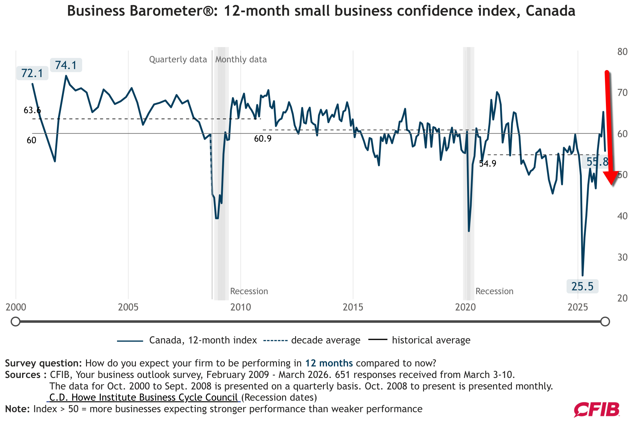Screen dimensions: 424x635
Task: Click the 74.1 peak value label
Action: click(x=66, y=65)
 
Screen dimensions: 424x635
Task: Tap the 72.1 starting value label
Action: click(x=32, y=73)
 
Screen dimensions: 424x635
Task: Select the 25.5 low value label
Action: click(x=582, y=286)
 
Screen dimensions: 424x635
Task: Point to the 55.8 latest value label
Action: click(x=597, y=162)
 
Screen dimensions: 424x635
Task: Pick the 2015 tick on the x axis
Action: click(x=353, y=307)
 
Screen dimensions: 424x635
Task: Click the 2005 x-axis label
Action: click(x=128, y=307)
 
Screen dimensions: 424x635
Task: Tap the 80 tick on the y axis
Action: click(x=622, y=52)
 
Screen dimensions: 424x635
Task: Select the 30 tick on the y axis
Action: click(x=622, y=257)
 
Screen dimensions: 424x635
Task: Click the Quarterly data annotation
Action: click(x=178, y=59)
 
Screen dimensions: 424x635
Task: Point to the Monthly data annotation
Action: click(x=241, y=59)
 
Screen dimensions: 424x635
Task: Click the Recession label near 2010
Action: click(x=249, y=291)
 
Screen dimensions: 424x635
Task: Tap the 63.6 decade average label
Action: click(x=32, y=110)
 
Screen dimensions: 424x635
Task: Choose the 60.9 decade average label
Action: click(x=263, y=139)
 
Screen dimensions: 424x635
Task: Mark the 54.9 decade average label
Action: click(x=487, y=164)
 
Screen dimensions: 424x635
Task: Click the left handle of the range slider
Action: click(x=15, y=321)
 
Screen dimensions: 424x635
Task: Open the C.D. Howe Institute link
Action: click(x=144, y=397)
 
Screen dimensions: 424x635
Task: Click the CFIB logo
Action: click(x=596, y=410)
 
